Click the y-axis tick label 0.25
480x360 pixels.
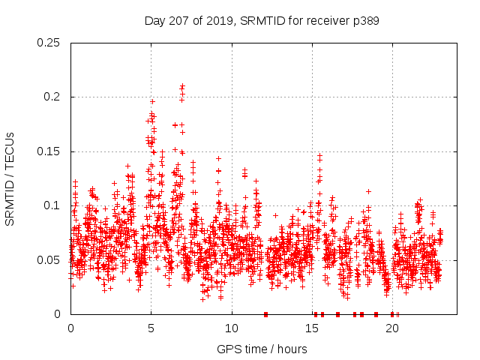(49, 43)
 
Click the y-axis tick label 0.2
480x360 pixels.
(52, 97)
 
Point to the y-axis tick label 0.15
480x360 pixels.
(49, 151)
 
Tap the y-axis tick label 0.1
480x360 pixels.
(52, 205)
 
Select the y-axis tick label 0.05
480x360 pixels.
(49, 260)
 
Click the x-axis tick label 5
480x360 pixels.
(151, 328)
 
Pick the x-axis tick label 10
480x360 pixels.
(232, 328)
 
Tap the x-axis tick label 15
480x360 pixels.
(312, 328)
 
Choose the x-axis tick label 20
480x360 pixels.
(392, 328)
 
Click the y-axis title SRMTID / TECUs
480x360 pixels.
(10, 178)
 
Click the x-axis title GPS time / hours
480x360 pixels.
(262, 349)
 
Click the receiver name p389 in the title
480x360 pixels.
(364, 21)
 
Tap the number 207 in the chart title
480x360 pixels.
(178, 21)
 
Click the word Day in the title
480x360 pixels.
(154, 21)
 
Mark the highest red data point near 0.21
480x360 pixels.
(182, 86)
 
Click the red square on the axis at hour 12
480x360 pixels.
(265, 314)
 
